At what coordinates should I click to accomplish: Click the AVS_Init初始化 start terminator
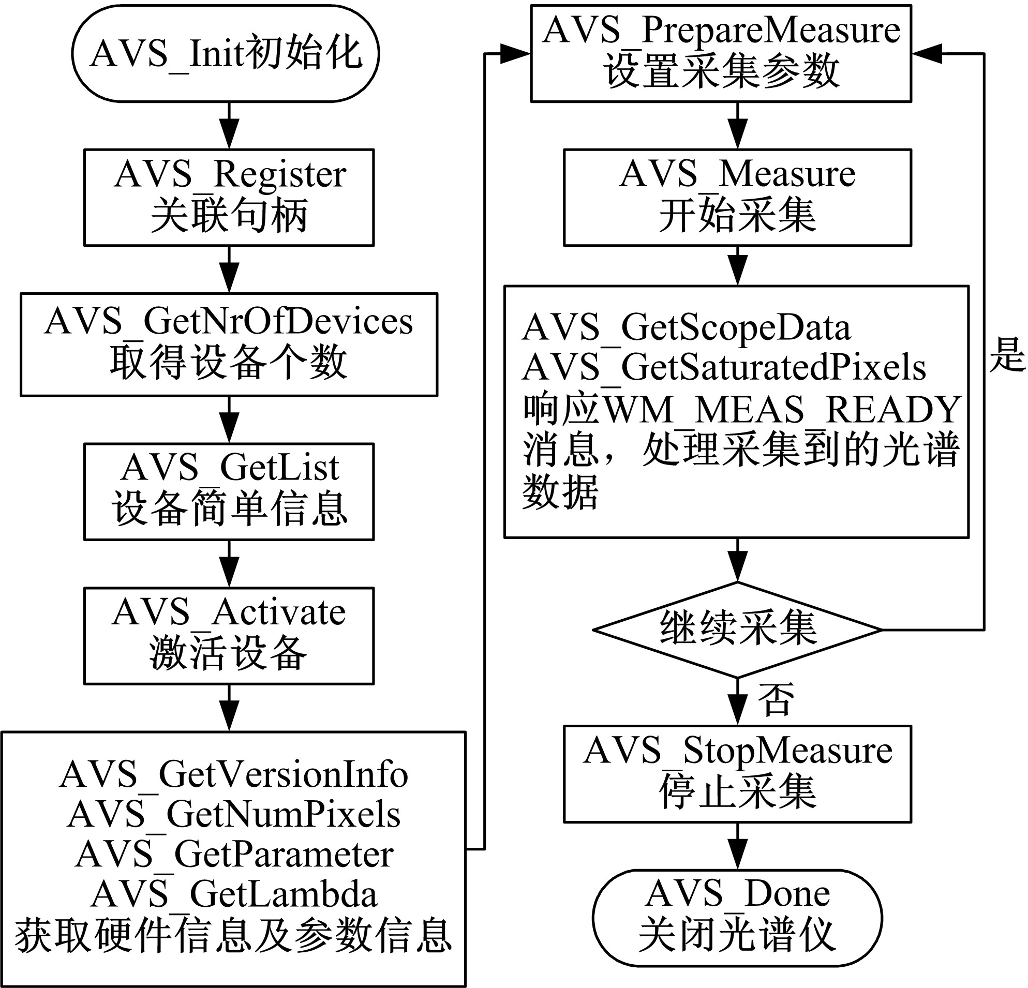click(226, 53)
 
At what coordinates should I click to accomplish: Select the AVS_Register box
click(229, 197)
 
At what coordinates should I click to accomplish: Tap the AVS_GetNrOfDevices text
click(229, 321)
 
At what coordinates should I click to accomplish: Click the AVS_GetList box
click(229, 491)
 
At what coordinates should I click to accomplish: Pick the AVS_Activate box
click(229, 636)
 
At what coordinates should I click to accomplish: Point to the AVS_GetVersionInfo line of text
click(233, 774)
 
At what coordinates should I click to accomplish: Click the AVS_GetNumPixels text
click(233, 814)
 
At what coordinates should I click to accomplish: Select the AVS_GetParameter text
click(233, 854)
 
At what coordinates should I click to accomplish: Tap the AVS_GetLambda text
click(233, 894)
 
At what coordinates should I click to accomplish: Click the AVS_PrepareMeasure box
click(721, 53)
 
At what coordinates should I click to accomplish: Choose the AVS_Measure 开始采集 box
click(737, 197)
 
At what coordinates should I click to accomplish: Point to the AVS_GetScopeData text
click(686, 328)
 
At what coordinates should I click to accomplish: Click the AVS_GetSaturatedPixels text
click(724, 368)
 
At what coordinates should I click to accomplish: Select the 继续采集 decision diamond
click(737, 630)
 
